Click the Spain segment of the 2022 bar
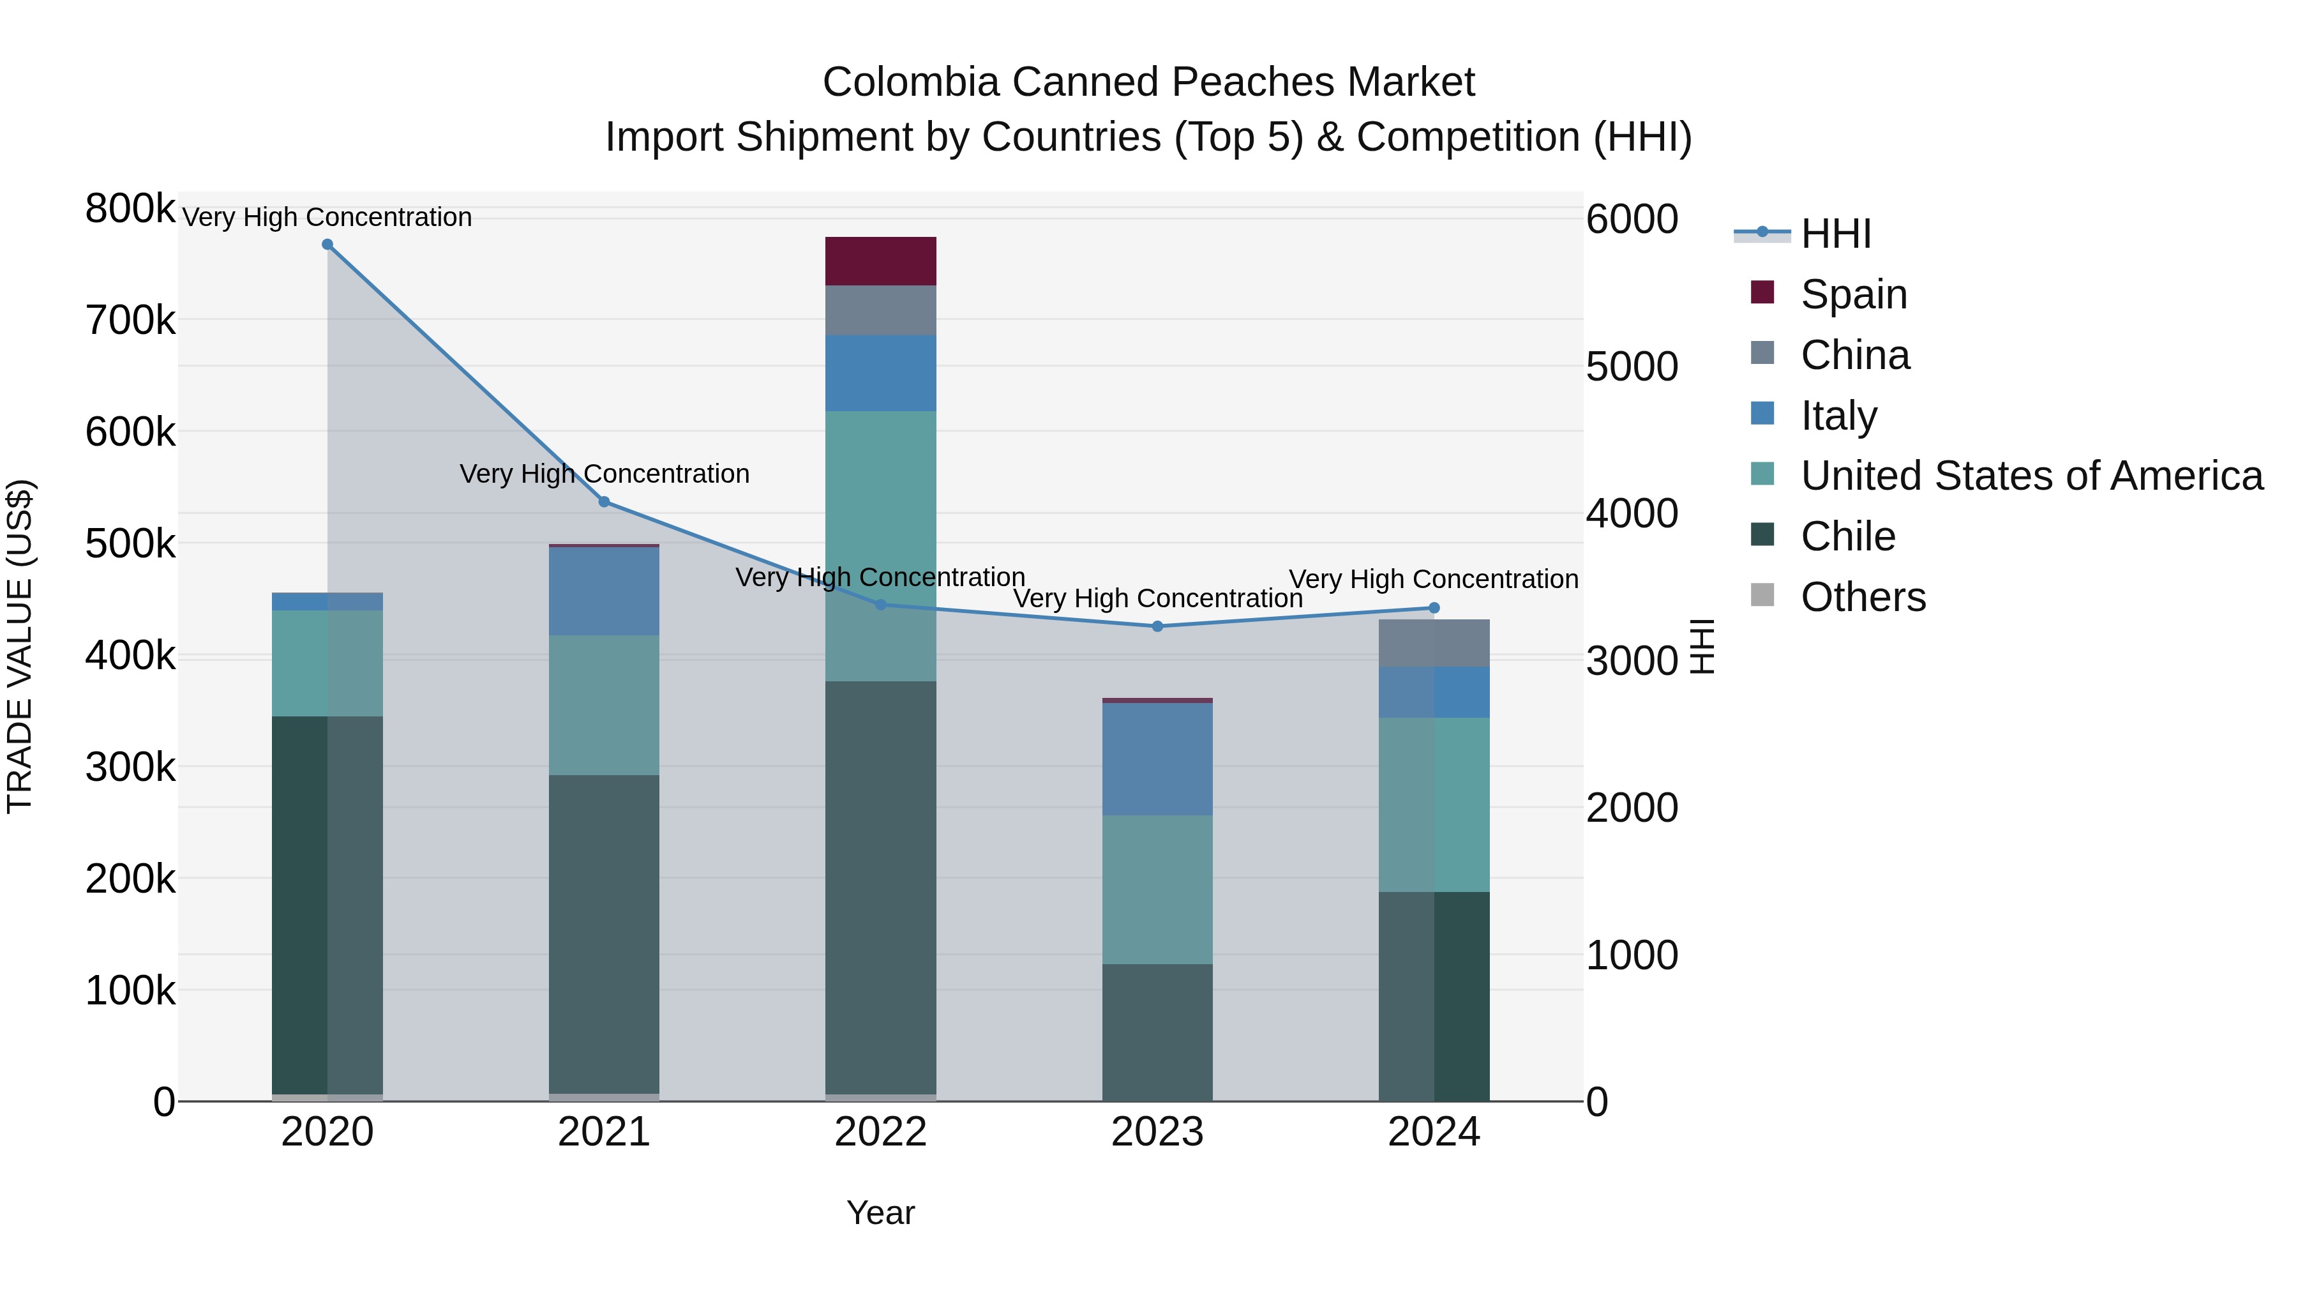click(880, 261)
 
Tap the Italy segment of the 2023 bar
click(1157, 759)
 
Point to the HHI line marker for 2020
click(327, 245)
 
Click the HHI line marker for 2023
click(1157, 626)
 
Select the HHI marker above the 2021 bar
click(604, 501)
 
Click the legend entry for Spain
click(1853, 294)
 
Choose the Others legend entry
click(1862, 596)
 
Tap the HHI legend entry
click(1835, 234)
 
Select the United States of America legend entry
click(2031, 476)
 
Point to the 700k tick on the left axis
click(130, 321)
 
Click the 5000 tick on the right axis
click(1632, 367)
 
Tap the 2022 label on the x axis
click(880, 1132)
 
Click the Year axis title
click(880, 1213)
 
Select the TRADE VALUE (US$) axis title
click(20, 646)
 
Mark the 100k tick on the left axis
click(130, 990)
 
